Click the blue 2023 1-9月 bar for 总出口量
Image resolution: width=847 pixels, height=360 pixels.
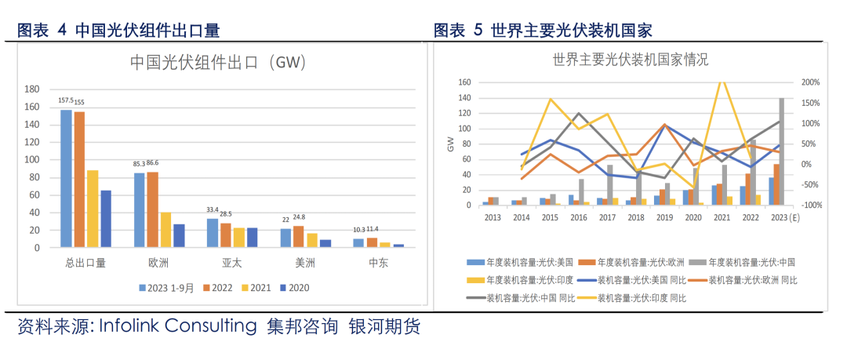pyautogui.click(x=66, y=179)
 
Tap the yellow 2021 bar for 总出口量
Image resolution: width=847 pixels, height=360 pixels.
pyautogui.click(x=93, y=209)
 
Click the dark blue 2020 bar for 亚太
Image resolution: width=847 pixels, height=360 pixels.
pyautogui.click(x=251, y=238)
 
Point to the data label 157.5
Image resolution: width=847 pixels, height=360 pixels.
pyautogui.click(x=66, y=101)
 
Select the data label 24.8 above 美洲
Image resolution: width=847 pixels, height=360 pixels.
pyautogui.click(x=299, y=217)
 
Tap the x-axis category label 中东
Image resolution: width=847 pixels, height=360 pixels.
pyautogui.click(x=378, y=263)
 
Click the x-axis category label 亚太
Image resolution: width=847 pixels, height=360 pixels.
pyautogui.click(x=232, y=263)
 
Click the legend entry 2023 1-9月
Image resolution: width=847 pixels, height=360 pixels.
pyautogui.click(x=167, y=288)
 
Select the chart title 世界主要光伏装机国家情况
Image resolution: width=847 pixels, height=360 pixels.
pyautogui.click(x=631, y=59)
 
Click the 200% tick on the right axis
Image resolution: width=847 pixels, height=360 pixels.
pyautogui.click(x=811, y=82)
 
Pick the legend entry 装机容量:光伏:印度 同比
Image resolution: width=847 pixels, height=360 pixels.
pyautogui.click(x=642, y=298)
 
